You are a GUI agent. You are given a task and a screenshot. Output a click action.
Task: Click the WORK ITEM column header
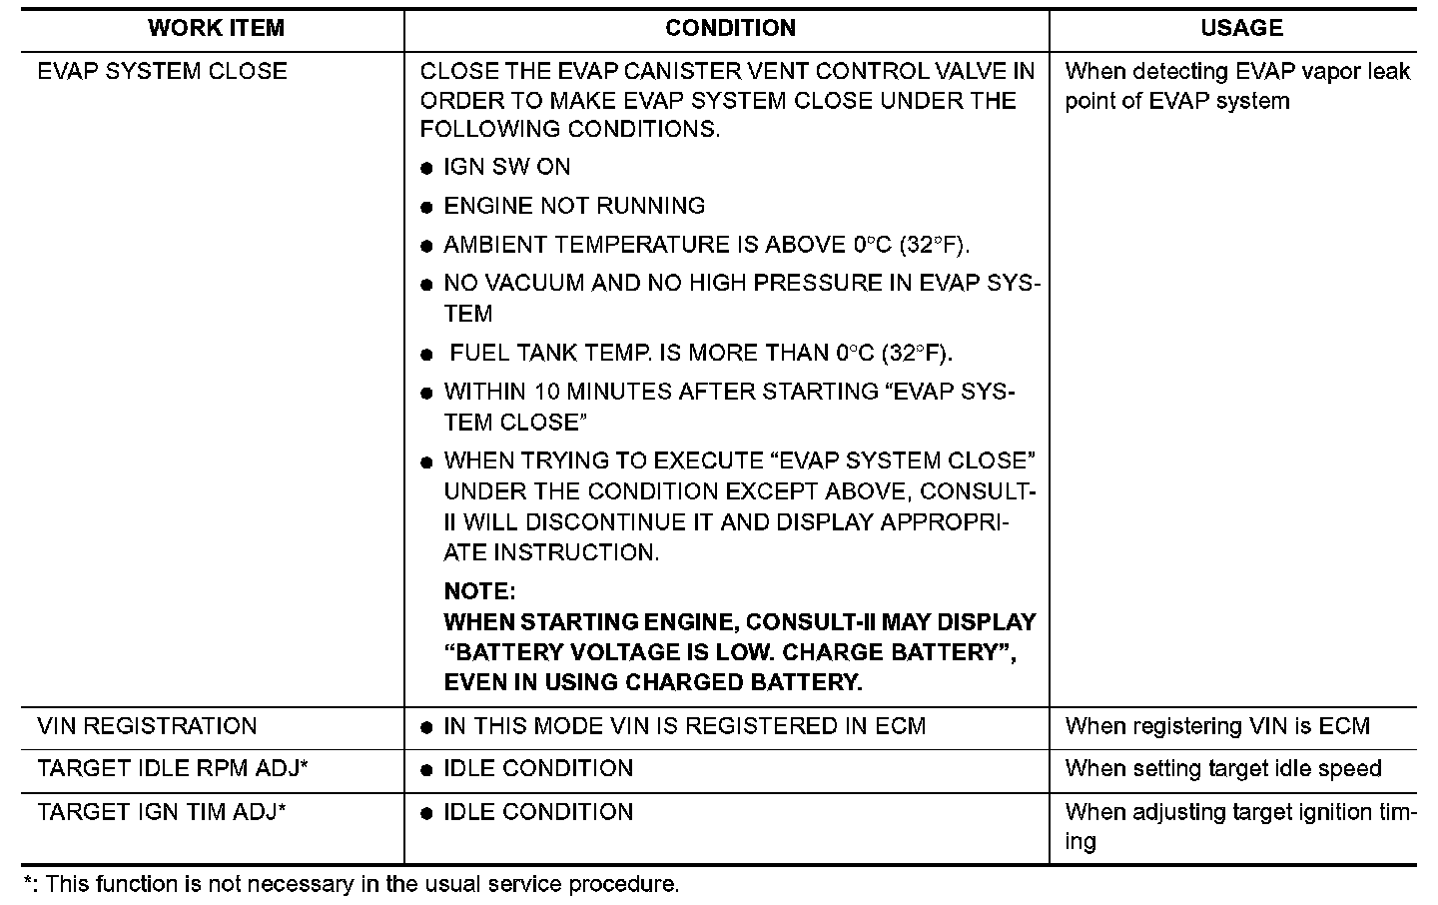(x=216, y=28)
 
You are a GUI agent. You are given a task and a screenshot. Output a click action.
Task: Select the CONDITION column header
(x=730, y=28)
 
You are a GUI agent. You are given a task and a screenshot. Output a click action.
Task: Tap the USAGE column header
(x=1241, y=28)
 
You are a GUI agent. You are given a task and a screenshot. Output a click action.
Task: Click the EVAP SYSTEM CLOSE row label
(x=162, y=72)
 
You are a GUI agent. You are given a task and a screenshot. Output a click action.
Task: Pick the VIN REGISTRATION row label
(x=147, y=726)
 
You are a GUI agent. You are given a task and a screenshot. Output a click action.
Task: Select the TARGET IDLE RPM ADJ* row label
(x=172, y=769)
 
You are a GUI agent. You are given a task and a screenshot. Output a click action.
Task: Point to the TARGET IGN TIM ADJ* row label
(x=162, y=812)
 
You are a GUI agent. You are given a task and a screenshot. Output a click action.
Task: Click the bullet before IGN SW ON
(x=426, y=169)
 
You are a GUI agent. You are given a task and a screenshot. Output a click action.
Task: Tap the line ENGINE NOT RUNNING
(x=574, y=206)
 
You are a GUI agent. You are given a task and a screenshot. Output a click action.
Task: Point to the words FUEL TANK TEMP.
(x=551, y=354)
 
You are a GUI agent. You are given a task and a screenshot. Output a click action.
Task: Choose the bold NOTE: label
(x=479, y=591)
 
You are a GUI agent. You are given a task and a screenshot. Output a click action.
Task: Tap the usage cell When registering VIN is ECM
(x=1217, y=726)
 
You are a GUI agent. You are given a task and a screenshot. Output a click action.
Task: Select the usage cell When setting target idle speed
(x=1223, y=769)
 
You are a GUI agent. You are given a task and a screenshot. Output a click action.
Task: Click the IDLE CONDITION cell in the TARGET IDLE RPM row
(x=538, y=769)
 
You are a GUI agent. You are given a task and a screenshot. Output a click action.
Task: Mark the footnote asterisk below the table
(x=28, y=882)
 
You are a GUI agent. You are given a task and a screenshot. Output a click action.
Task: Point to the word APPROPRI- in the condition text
(x=944, y=522)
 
